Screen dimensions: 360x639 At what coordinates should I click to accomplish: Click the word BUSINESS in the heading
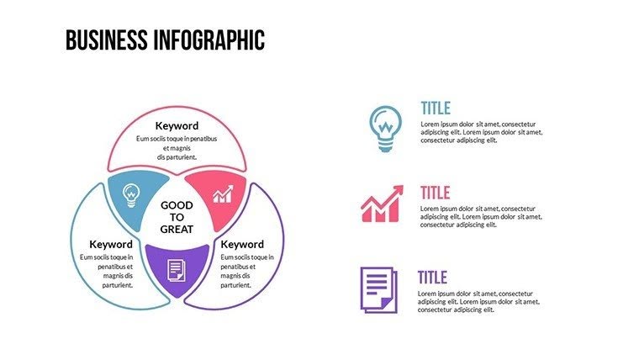pos(107,40)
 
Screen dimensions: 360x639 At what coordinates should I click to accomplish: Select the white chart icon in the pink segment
pos(222,195)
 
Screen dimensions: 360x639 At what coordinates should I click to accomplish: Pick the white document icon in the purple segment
pos(177,269)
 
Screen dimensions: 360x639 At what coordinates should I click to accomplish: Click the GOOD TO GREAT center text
pos(177,217)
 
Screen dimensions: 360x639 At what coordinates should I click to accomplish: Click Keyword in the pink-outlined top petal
pos(177,126)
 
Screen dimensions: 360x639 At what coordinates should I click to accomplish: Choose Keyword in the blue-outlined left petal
pos(111,244)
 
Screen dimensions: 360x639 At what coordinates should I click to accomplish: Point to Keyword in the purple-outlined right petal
pos(242,244)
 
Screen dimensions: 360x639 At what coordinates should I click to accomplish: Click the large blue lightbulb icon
pos(384,128)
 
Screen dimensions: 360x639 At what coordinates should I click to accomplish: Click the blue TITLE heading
pos(436,109)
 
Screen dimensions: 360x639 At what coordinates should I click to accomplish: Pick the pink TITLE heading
pos(436,193)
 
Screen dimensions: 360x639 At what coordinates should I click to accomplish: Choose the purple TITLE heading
pos(433,278)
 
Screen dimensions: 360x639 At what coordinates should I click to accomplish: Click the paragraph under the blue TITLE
pos(481,131)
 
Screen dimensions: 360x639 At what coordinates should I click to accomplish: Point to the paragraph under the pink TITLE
pos(481,217)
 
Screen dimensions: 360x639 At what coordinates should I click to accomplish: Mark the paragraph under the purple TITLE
pos(478,301)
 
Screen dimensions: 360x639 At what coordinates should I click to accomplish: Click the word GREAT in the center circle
pos(177,229)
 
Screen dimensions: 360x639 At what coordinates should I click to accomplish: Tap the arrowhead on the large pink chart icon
pos(398,191)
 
